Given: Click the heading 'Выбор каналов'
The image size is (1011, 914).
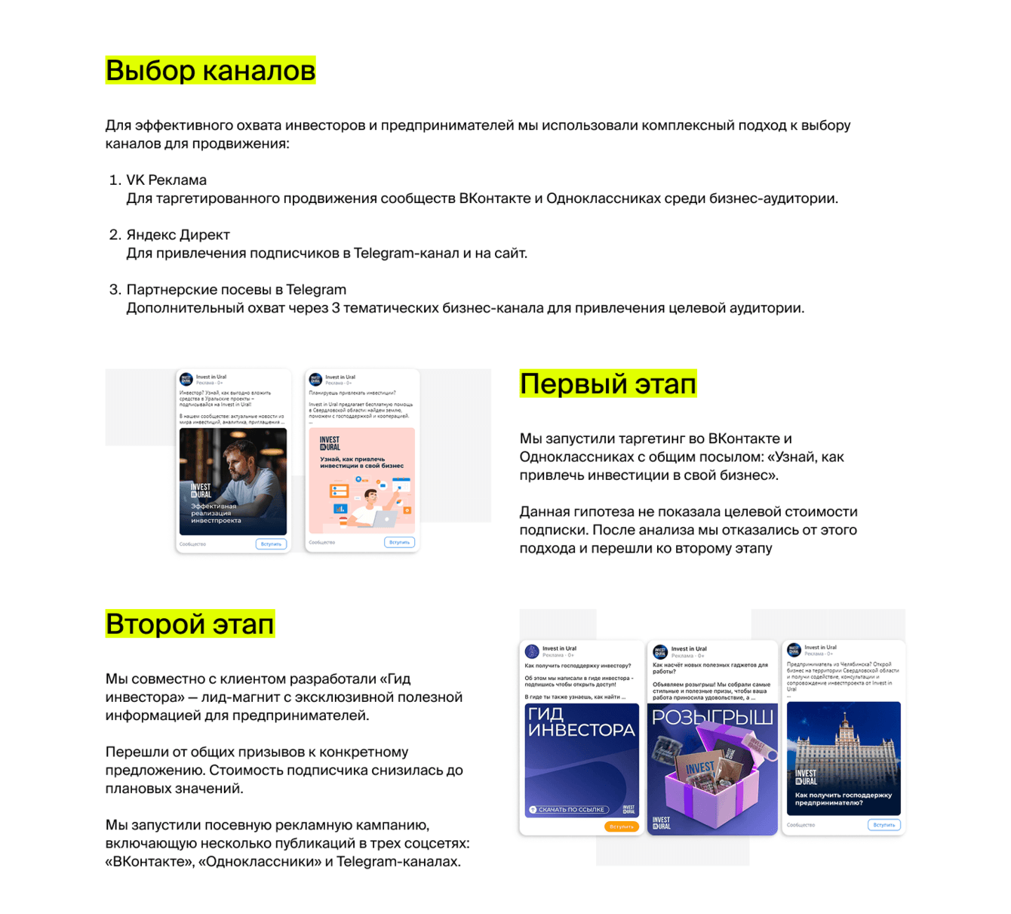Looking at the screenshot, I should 210,70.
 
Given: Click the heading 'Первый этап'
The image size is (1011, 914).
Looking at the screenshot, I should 607,384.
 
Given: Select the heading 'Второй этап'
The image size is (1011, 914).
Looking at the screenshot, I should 189,624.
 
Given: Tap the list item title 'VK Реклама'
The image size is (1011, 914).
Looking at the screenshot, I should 166,180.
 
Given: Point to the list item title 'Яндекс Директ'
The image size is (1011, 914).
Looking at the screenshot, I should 178,235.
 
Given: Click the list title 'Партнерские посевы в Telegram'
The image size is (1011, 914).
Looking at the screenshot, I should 236,290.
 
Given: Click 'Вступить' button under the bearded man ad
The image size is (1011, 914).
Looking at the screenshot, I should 271,543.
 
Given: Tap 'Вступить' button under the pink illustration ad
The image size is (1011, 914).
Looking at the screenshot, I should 399,542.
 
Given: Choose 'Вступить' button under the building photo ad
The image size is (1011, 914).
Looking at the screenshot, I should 883,825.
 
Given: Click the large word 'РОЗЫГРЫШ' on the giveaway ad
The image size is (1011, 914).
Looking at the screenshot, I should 712,717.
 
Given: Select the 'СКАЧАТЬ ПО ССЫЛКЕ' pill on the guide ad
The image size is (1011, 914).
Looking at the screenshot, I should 567,810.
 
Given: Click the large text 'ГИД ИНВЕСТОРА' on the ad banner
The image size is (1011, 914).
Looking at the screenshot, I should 581,722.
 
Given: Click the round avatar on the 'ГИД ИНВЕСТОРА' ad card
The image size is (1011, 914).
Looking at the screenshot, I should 532,651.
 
